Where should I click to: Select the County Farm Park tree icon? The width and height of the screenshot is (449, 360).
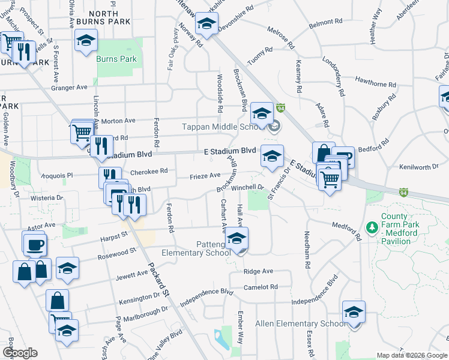tap(372, 228)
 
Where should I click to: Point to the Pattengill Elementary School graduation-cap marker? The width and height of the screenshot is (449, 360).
tap(237, 240)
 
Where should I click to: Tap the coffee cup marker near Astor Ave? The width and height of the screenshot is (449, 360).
tap(34, 244)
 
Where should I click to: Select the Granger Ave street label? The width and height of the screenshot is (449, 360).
tap(69, 88)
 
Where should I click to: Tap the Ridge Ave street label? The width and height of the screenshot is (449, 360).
tap(258, 271)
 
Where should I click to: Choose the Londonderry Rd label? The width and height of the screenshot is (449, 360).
tap(334, 77)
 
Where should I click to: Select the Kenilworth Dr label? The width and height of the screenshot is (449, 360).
tap(420, 167)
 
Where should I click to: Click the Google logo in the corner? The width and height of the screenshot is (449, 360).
tap(20, 353)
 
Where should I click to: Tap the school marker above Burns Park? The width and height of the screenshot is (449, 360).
tap(86, 41)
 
